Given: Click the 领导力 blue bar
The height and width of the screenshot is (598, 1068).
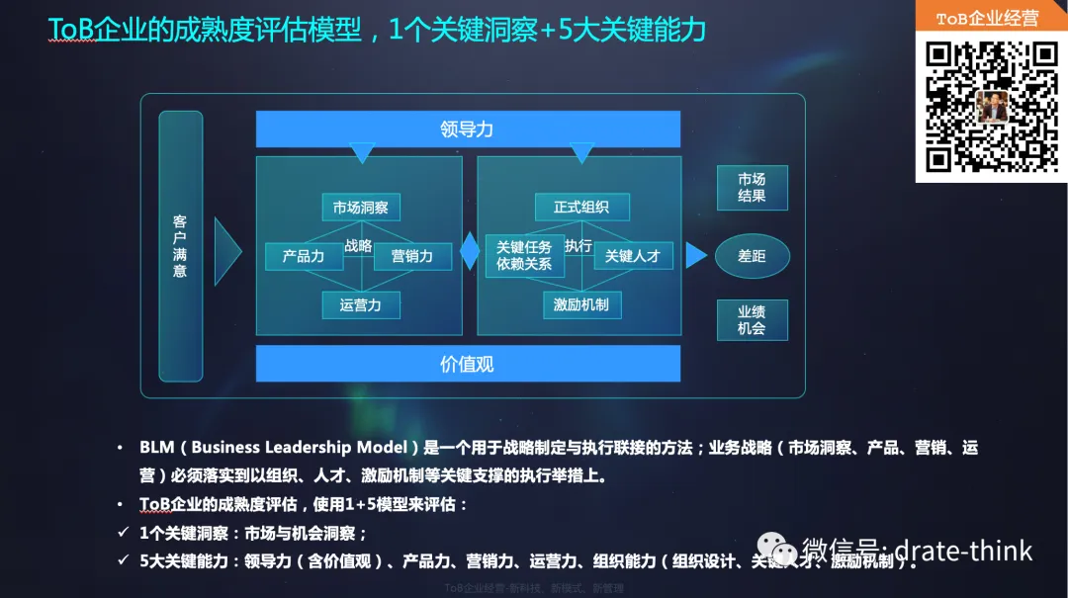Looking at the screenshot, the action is pyautogui.click(x=468, y=128).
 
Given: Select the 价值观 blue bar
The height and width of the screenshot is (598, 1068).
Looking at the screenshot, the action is pyautogui.click(x=468, y=363).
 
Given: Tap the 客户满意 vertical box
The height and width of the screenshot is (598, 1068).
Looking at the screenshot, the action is pyautogui.click(x=180, y=246).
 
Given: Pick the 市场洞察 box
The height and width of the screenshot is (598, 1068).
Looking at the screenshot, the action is pyautogui.click(x=360, y=208).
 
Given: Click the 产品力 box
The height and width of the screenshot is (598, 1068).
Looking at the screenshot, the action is pyautogui.click(x=303, y=256).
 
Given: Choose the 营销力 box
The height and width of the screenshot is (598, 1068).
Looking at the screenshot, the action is pyautogui.click(x=411, y=256).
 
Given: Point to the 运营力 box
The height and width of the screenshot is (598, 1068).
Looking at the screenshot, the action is pyautogui.click(x=360, y=304).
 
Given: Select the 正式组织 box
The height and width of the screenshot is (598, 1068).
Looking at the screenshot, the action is pyautogui.click(x=580, y=208).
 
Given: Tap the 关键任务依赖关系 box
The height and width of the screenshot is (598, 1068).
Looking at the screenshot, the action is pyautogui.click(x=524, y=256).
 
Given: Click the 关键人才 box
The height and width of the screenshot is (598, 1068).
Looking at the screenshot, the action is pyautogui.click(x=632, y=256).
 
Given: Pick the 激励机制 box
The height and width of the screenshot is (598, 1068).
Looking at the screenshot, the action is pyautogui.click(x=580, y=304).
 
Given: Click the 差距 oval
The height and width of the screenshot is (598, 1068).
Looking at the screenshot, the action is pyautogui.click(x=752, y=256).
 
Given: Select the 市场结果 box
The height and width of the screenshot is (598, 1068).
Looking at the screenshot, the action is pyautogui.click(x=752, y=188).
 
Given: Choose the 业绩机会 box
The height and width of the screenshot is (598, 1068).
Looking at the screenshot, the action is pyautogui.click(x=752, y=320).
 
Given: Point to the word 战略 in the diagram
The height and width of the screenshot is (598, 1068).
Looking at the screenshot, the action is pyautogui.click(x=358, y=246).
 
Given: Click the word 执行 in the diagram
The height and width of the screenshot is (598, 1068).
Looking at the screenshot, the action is pyautogui.click(x=578, y=245).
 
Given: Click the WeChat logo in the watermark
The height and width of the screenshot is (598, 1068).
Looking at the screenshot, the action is pyautogui.click(x=773, y=550).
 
